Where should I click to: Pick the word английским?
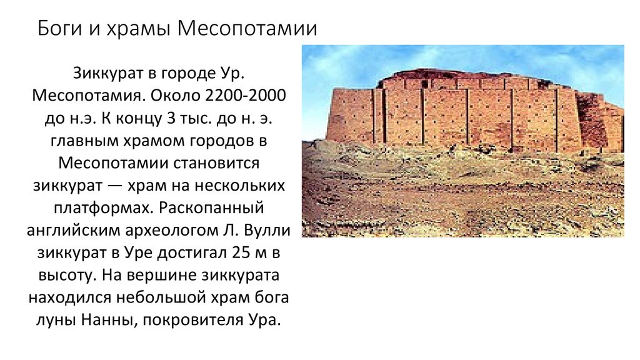coord(76,231)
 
